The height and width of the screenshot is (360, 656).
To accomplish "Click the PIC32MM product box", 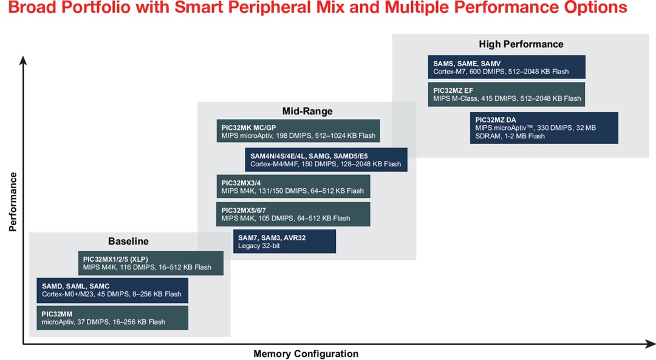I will tap(112, 318).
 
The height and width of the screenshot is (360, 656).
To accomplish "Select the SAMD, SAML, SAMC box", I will tap(112, 290).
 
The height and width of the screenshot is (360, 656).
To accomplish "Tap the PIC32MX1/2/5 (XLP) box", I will tap(151, 263).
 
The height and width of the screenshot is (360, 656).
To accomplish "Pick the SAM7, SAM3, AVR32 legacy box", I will tap(284, 241).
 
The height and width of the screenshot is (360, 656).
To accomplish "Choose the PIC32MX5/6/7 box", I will tap(293, 214).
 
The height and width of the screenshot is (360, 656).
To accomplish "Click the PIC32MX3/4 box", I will tap(293, 186).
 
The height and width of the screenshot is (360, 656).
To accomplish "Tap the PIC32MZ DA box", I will tap(544, 127).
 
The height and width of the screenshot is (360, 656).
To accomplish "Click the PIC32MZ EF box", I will tap(507, 94).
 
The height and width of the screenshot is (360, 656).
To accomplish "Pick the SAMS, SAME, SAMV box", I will tap(507, 67).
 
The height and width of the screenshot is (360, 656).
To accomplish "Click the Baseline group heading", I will tap(128, 241).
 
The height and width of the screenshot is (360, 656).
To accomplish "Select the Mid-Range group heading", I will tap(307, 111).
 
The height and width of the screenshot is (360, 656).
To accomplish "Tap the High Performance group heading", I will tap(521, 44).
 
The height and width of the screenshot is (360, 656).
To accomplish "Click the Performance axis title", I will tap(13, 202).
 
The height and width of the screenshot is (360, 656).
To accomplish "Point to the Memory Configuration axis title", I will tap(306, 353).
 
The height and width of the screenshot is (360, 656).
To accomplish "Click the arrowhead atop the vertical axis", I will tap(23, 59).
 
